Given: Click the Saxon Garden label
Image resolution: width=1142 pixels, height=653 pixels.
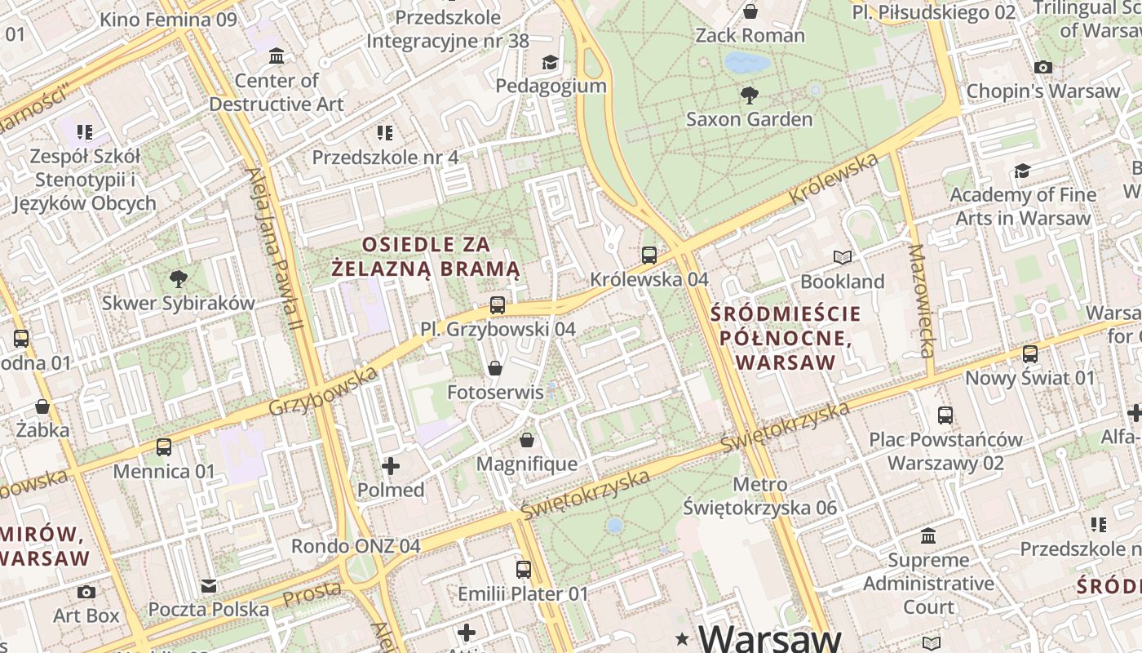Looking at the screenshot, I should tap(749, 119).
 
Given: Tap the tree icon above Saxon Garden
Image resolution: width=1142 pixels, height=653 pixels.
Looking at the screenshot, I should tap(749, 96).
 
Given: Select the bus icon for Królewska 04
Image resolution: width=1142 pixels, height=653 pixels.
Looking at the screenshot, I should tap(649, 255).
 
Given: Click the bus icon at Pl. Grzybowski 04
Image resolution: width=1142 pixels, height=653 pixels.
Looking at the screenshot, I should tap(498, 306).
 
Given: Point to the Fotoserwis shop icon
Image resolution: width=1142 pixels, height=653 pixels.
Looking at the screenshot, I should tap(494, 369).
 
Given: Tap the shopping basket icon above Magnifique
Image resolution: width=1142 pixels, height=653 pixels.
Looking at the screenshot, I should tap(527, 441).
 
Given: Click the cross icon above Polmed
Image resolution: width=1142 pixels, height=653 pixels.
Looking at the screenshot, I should tap(391, 466).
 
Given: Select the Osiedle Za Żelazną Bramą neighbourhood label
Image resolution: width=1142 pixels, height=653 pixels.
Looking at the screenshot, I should tap(426, 256).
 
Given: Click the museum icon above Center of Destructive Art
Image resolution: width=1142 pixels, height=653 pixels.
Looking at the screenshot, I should tap(277, 56).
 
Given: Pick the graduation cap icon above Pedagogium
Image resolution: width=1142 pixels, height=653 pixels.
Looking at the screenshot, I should tap(551, 63).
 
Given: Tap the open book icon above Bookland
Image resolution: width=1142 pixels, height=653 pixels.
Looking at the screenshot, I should tap(843, 258).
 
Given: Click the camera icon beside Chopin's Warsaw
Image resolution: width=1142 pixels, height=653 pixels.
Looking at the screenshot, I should tap(1042, 68).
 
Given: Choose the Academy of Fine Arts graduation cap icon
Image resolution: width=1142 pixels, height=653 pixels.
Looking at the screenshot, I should tap(1022, 171).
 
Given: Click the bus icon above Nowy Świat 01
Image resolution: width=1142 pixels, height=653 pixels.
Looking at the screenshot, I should tap(1030, 354).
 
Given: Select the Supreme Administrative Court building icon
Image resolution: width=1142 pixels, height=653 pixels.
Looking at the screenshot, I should tap(928, 536).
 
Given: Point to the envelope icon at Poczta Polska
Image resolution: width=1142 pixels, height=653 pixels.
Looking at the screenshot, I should tap(209, 586).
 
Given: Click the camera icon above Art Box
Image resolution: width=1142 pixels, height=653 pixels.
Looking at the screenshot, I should tap(86, 592).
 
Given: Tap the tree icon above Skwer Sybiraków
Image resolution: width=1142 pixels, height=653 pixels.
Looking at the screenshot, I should tap(178, 279).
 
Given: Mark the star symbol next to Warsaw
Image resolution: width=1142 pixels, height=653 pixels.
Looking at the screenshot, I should tap(682, 637).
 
